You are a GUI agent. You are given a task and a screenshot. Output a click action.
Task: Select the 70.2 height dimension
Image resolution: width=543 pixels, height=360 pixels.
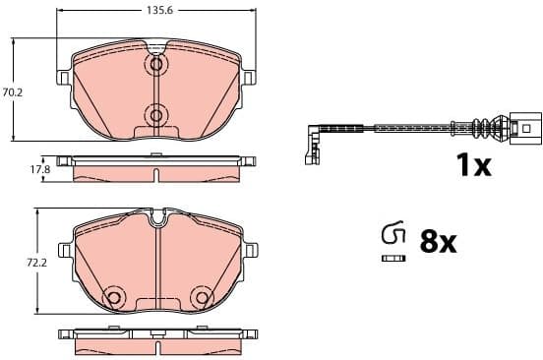point(13,92)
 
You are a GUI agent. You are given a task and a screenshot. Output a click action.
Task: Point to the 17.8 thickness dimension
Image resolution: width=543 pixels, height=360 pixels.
point(39,169)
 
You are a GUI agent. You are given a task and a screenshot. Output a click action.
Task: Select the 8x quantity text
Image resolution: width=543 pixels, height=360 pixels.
point(438,242)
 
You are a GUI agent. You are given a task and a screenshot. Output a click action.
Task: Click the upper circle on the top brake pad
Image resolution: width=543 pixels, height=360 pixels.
point(155,66)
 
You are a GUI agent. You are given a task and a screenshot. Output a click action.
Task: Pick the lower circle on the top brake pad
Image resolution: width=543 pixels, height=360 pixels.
point(155,115)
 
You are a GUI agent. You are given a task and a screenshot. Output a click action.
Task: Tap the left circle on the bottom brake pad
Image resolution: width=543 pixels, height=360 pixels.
point(113,297)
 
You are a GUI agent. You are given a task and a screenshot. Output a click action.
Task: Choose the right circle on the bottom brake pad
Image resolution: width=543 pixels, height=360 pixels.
point(202,297)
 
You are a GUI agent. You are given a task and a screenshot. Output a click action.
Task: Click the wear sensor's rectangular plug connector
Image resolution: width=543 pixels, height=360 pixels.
point(525,128)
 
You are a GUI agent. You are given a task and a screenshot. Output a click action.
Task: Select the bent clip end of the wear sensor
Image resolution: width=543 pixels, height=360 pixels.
point(314,143)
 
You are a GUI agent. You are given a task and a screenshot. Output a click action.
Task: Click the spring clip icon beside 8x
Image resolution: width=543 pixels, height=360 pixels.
point(392,234)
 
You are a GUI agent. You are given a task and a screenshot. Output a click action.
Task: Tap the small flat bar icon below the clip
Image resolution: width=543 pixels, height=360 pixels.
point(392,258)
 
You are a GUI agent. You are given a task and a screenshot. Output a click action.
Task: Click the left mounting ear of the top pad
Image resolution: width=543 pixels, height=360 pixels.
point(66,77)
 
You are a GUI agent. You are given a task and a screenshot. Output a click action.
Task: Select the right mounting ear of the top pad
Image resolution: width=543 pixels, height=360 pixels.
point(248,77)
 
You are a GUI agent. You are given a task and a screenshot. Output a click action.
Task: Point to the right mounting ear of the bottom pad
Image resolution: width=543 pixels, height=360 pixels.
point(248,247)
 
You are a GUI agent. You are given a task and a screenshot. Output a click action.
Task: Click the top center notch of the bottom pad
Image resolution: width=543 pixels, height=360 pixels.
point(156,217)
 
